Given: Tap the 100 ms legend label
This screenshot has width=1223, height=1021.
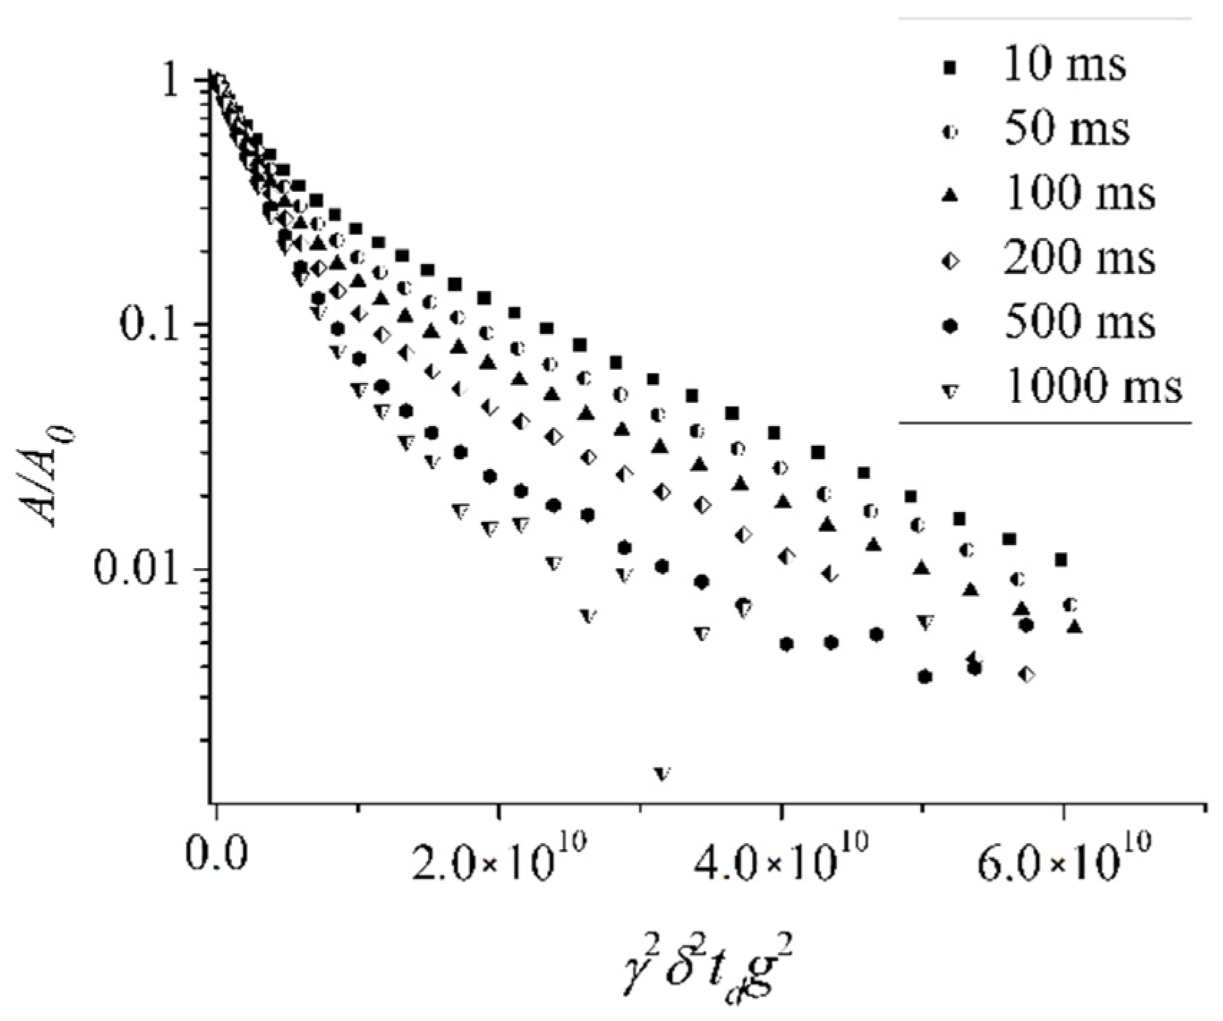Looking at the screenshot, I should (1079, 194).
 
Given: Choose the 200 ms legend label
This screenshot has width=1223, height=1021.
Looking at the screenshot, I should (1079, 259).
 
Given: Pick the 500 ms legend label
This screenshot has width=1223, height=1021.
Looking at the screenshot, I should (1079, 323).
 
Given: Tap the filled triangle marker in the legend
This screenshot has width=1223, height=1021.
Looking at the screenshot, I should (951, 195).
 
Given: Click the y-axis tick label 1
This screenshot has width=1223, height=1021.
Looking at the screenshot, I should (173, 83).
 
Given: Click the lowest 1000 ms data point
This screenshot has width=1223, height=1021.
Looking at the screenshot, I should (662, 774).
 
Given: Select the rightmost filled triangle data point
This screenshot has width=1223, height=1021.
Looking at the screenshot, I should (1074, 627).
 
